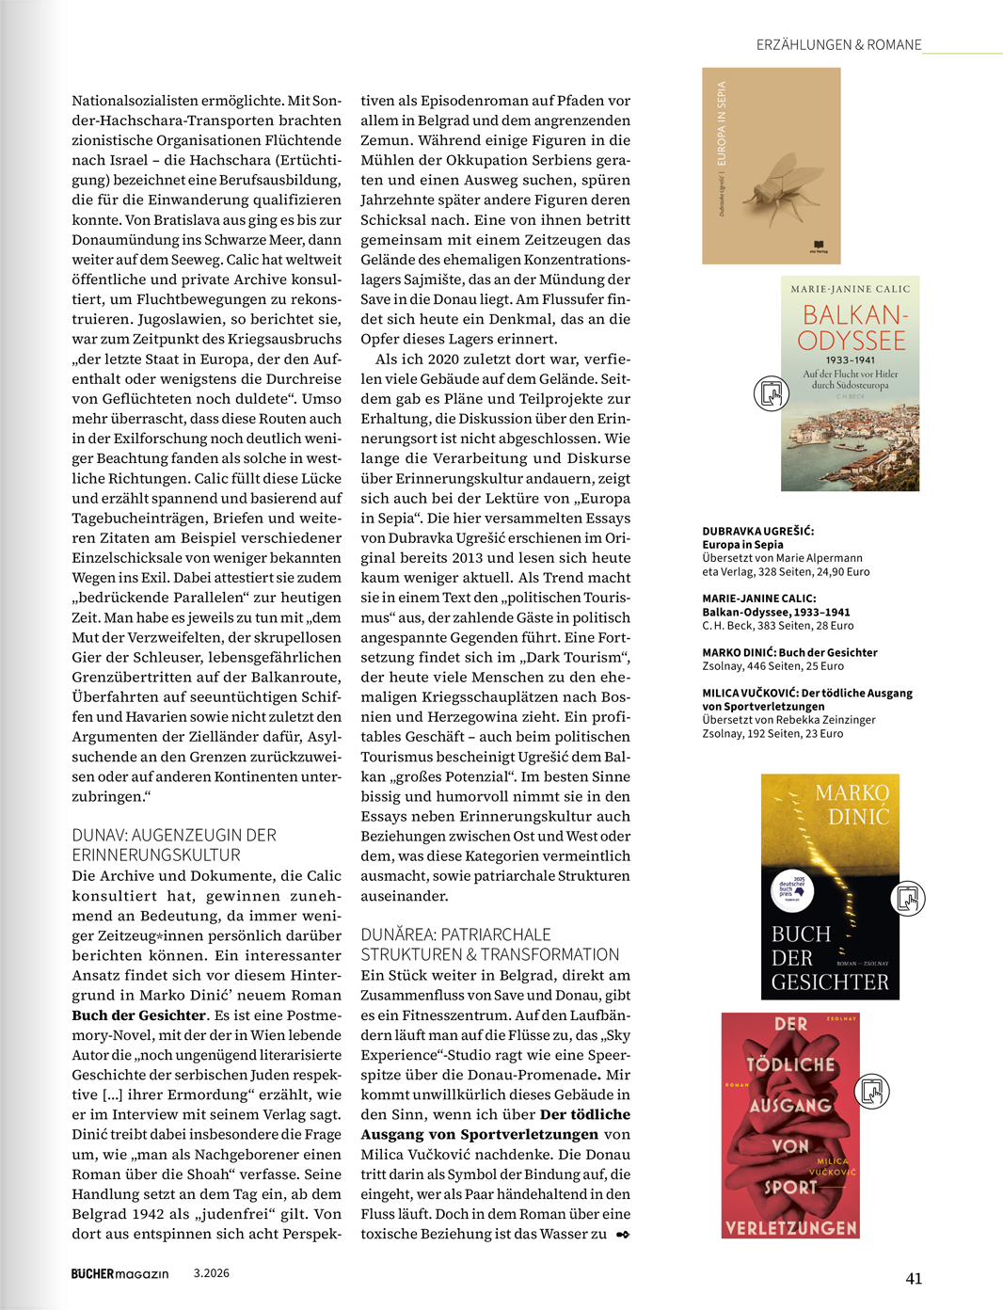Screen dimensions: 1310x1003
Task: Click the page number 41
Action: [914, 1278]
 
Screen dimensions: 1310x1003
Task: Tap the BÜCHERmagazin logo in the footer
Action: [119, 1273]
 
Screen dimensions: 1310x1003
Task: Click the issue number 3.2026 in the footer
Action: [212, 1273]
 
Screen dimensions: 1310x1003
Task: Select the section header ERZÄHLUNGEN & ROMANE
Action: [838, 45]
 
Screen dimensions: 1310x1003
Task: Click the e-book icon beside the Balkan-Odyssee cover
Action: [772, 392]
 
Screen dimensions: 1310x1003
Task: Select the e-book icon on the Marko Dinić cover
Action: [908, 898]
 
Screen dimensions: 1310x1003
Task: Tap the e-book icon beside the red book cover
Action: [872, 1091]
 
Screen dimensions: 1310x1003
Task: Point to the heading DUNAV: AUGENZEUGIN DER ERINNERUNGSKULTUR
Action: [174, 845]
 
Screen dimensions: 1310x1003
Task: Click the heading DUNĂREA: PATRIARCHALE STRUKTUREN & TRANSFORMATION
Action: [489, 944]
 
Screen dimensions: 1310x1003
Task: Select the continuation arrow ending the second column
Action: [622, 1235]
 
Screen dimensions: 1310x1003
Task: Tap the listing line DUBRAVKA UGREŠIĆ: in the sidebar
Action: [758, 531]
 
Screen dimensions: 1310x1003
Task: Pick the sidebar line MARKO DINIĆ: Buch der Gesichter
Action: [789, 652]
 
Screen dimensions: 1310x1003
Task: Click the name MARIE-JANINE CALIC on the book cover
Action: [851, 289]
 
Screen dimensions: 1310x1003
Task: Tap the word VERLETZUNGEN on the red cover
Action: [790, 1227]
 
